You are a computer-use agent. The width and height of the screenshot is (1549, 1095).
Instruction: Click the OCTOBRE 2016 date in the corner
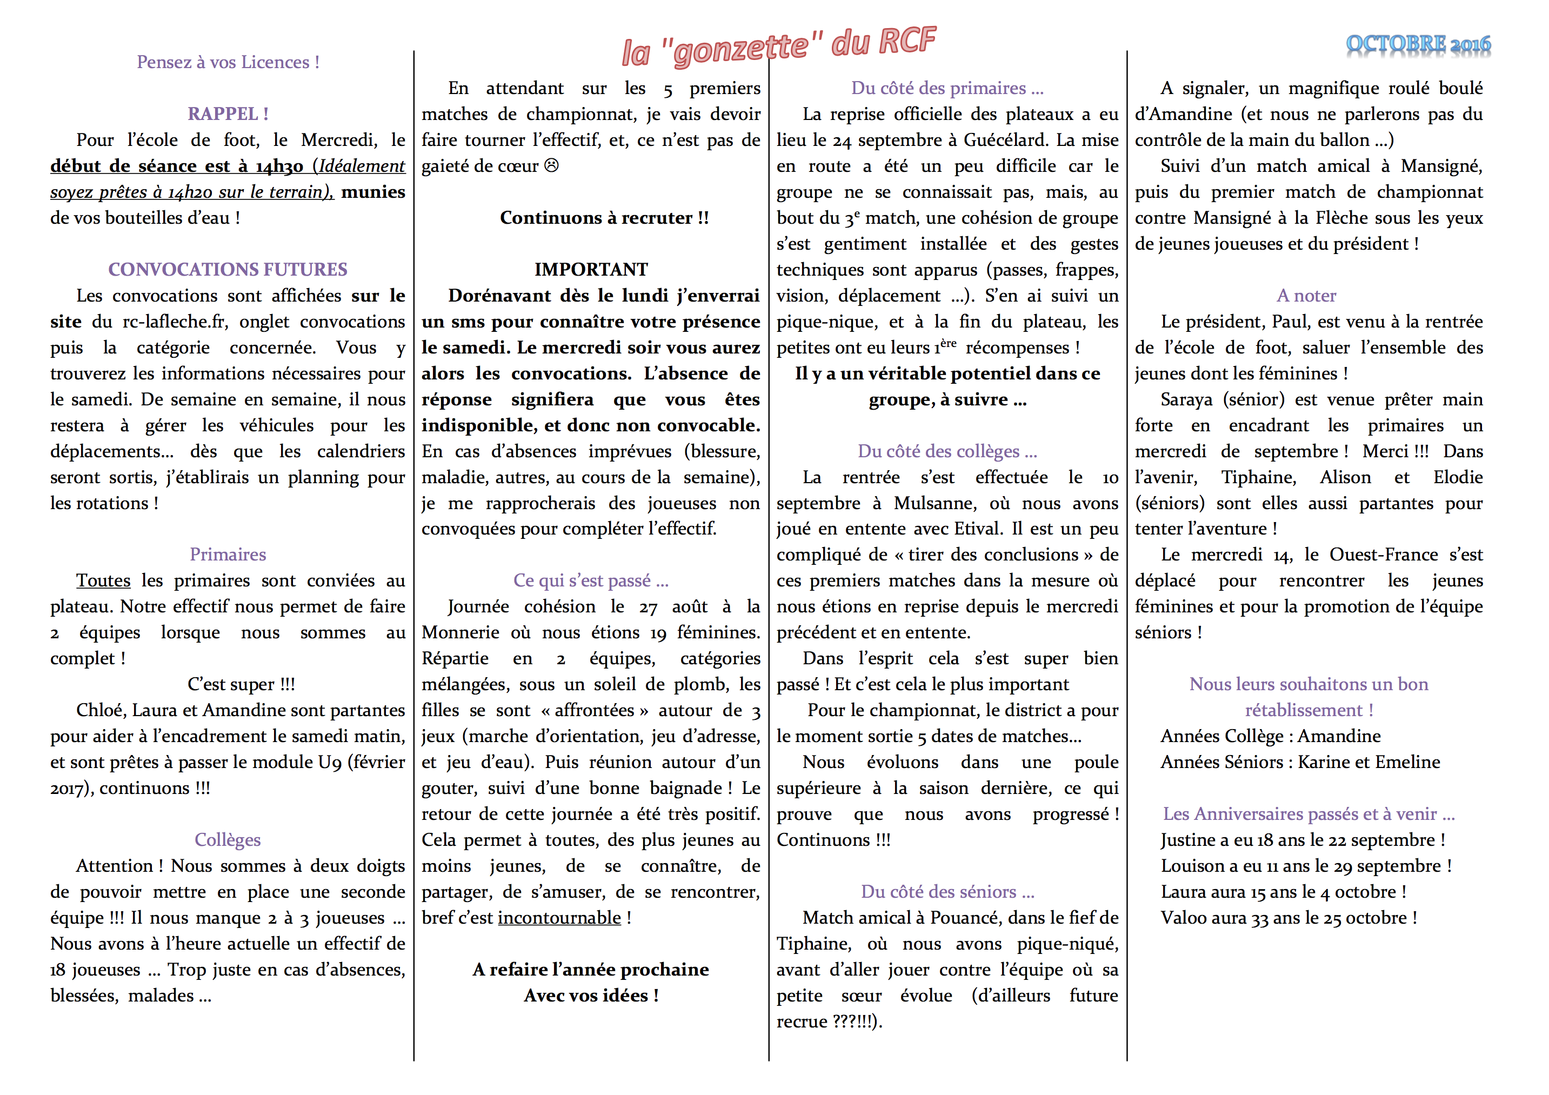click(x=1418, y=44)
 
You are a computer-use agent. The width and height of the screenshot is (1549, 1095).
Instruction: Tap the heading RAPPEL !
click(x=228, y=113)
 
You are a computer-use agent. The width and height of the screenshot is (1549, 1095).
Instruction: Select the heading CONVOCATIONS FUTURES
click(x=228, y=269)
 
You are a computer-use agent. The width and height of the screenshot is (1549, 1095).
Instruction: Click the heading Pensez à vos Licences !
click(x=228, y=62)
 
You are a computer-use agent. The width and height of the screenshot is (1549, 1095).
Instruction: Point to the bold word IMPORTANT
click(x=591, y=269)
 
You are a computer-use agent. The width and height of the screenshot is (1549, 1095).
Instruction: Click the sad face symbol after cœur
click(x=551, y=165)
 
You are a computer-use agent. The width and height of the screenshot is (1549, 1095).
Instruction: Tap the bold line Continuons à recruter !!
click(x=604, y=217)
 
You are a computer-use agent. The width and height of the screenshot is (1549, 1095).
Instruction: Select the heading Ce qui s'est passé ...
click(x=591, y=580)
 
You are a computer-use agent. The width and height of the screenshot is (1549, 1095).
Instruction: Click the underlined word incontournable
click(x=559, y=918)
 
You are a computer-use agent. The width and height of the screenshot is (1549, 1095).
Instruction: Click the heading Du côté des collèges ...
click(x=947, y=451)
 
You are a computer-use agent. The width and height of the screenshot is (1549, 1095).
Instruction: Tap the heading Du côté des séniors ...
click(x=947, y=891)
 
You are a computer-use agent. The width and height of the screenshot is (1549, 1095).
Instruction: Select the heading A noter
click(x=1306, y=295)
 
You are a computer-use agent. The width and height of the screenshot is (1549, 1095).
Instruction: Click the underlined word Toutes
click(x=103, y=580)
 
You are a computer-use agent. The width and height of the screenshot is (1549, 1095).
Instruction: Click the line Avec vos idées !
click(x=591, y=995)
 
